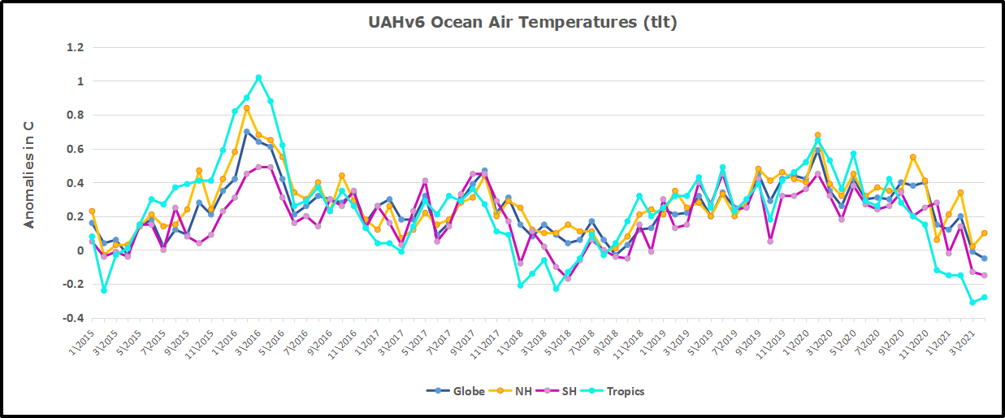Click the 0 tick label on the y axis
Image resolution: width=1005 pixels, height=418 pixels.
80,250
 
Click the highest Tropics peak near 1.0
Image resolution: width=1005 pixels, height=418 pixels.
258,78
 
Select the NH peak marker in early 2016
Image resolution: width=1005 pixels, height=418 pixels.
247,108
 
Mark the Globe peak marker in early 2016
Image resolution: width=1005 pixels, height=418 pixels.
247,132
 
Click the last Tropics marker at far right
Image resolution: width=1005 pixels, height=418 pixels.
984,298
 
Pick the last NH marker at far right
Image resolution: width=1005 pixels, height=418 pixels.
984,233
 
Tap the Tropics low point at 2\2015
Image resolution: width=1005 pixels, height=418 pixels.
104,290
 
